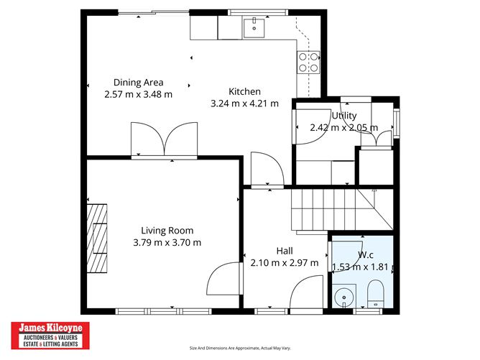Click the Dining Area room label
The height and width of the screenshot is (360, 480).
[138, 82]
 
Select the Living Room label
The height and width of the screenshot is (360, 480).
[167, 231]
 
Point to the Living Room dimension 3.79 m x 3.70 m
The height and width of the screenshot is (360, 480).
[167, 242]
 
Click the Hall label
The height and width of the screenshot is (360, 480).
[284, 250]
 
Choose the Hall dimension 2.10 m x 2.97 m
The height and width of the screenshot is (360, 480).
[284, 262]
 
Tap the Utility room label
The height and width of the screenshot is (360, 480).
[343, 116]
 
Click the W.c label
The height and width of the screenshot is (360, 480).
[365, 254]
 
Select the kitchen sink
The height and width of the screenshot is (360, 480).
[253, 28]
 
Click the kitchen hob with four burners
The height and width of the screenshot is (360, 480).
[309, 63]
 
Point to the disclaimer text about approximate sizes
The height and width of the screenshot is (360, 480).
[240, 349]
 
